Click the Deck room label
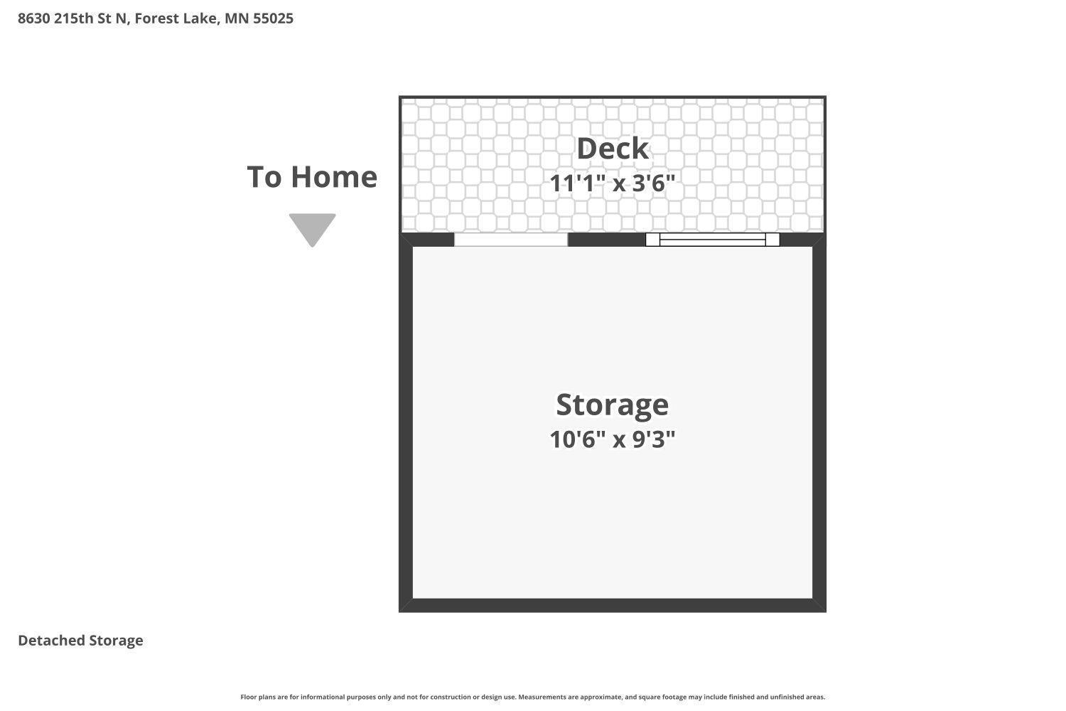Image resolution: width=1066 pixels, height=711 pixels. [x=612, y=149]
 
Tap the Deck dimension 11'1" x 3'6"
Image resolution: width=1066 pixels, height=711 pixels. [x=612, y=183]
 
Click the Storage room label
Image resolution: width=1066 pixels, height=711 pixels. [x=612, y=405]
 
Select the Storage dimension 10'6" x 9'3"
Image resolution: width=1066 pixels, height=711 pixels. [x=612, y=439]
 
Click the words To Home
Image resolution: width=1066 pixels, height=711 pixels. [x=312, y=177]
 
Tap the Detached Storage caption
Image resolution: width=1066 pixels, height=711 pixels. [x=80, y=641]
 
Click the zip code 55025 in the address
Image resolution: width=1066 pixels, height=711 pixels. [x=273, y=18]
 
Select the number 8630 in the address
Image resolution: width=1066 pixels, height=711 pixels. [x=33, y=18]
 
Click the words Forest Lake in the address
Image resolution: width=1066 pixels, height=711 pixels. [x=176, y=18]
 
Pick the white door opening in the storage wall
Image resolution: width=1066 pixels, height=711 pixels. [x=511, y=240]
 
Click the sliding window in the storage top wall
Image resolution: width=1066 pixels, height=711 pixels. [x=712, y=240]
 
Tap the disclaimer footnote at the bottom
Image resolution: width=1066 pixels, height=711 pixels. [x=533, y=697]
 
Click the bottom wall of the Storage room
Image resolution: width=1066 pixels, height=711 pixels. [x=612, y=605]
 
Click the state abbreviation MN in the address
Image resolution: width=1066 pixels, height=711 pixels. [x=237, y=18]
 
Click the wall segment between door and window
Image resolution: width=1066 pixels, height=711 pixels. [x=606, y=240]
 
